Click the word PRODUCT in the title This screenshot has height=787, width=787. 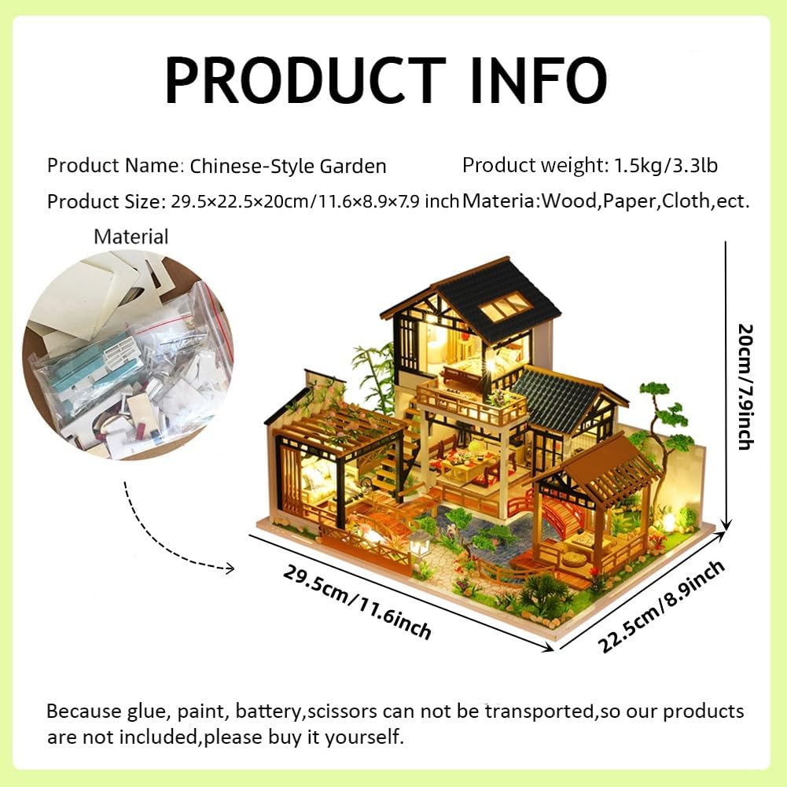tap(305, 80)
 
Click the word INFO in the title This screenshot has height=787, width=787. tap(539, 80)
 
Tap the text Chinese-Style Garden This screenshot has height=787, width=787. tap(288, 166)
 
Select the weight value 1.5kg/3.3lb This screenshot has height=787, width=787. tap(667, 165)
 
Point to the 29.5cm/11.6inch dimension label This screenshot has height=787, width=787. tap(357, 601)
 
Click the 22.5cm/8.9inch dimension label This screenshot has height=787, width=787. tap(661, 606)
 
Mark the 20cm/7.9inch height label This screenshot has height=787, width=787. tap(745, 387)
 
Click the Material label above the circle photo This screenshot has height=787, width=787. tap(131, 237)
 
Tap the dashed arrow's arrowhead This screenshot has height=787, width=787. tap(230, 568)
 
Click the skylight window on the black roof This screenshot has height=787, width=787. tap(505, 305)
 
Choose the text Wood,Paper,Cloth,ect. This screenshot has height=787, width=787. tap(645, 200)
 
